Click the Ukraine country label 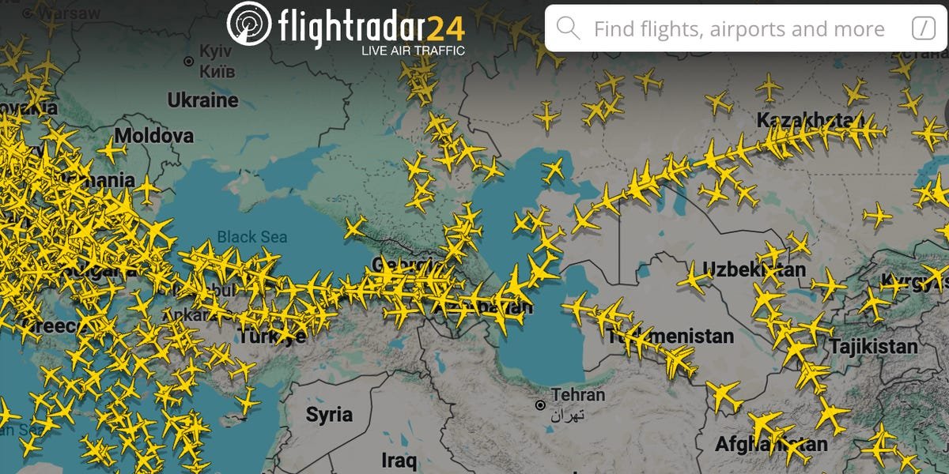click(x=202, y=100)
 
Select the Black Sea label click(x=252, y=236)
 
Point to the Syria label click(x=329, y=414)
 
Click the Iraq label click(x=398, y=460)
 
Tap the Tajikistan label click(x=873, y=346)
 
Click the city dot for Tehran click(x=540, y=405)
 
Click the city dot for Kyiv click(x=189, y=61)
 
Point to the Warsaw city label click(x=72, y=13)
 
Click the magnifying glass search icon click(x=568, y=28)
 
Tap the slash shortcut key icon click(x=923, y=28)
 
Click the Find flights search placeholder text click(x=739, y=29)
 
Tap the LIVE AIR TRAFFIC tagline click(x=412, y=51)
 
